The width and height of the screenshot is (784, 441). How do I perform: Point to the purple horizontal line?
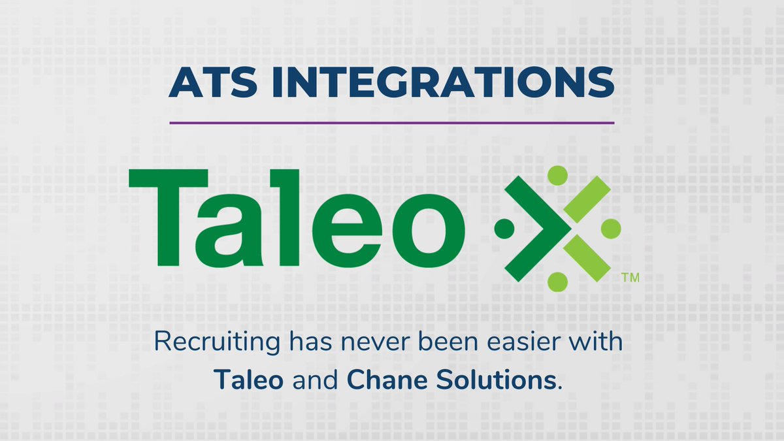click(x=392, y=122)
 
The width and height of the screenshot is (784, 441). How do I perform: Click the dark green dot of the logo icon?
click(x=504, y=228)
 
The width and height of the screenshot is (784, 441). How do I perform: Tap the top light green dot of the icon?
click(x=557, y=175)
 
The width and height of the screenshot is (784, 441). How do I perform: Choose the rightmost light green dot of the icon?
click(x=610, y=228)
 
